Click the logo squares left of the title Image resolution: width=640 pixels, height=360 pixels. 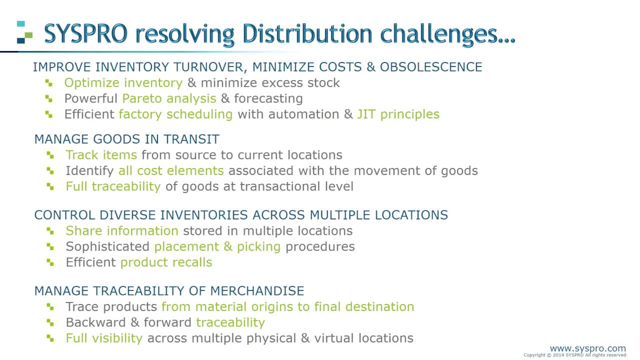(x=24, y=32)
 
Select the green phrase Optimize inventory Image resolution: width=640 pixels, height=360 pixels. (x=123, y=83)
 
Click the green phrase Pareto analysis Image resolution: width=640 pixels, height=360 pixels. (x=169, y=98)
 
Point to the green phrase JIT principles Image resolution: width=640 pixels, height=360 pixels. (x=398, y=114)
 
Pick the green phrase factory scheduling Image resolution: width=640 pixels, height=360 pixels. (x=175, y=114)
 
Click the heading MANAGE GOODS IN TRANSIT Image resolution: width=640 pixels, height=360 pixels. (x=126, y=139)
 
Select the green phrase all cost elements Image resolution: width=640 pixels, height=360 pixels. (x=170, y=171)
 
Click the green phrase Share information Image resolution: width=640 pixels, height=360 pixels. (x=121, y=231)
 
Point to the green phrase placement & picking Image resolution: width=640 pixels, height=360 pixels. (x=217, y=247)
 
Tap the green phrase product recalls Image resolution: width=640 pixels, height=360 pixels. (x=166, y=262)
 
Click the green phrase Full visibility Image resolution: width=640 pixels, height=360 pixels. (x=104, y=338)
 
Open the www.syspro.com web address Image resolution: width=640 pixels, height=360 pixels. (x=587, y=348)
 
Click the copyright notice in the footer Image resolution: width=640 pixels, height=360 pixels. (x=574, y=355)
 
